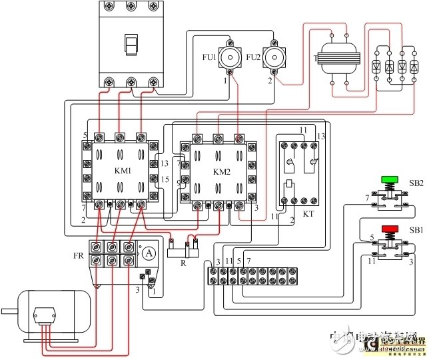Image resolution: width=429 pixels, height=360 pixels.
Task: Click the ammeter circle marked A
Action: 150,251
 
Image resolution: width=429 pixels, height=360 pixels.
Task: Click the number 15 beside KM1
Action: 166,179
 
